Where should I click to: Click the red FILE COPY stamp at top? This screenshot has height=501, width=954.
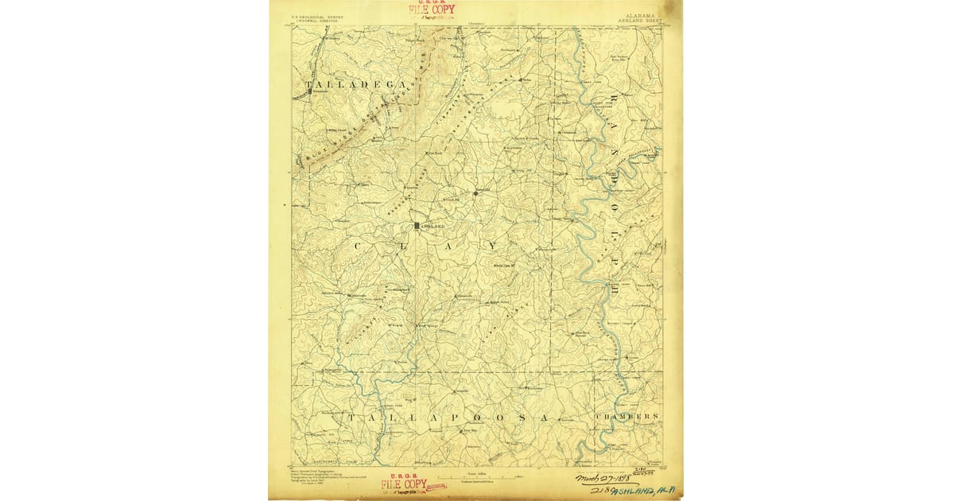432,10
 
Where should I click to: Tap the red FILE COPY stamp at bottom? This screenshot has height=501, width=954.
404,484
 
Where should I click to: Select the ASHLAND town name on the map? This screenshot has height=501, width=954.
429,226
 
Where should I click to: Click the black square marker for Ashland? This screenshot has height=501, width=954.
416,226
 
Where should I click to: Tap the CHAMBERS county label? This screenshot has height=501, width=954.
626,417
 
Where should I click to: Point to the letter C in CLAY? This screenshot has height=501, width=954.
355,247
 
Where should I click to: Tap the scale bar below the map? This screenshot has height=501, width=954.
475,476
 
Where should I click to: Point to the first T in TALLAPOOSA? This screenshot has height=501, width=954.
350,417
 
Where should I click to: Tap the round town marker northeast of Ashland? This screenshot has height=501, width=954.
475,193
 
